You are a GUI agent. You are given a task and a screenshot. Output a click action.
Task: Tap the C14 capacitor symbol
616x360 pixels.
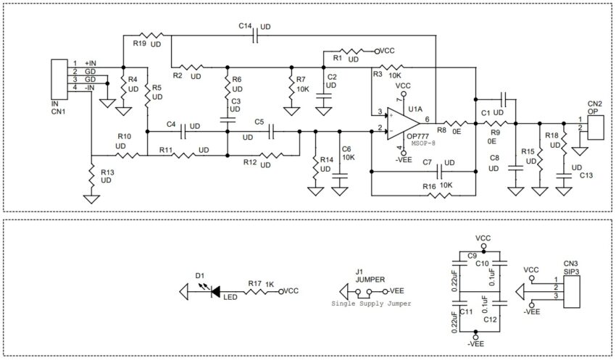click(255, 36)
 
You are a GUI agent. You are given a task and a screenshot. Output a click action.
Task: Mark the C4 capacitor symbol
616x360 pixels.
click(186, 132)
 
